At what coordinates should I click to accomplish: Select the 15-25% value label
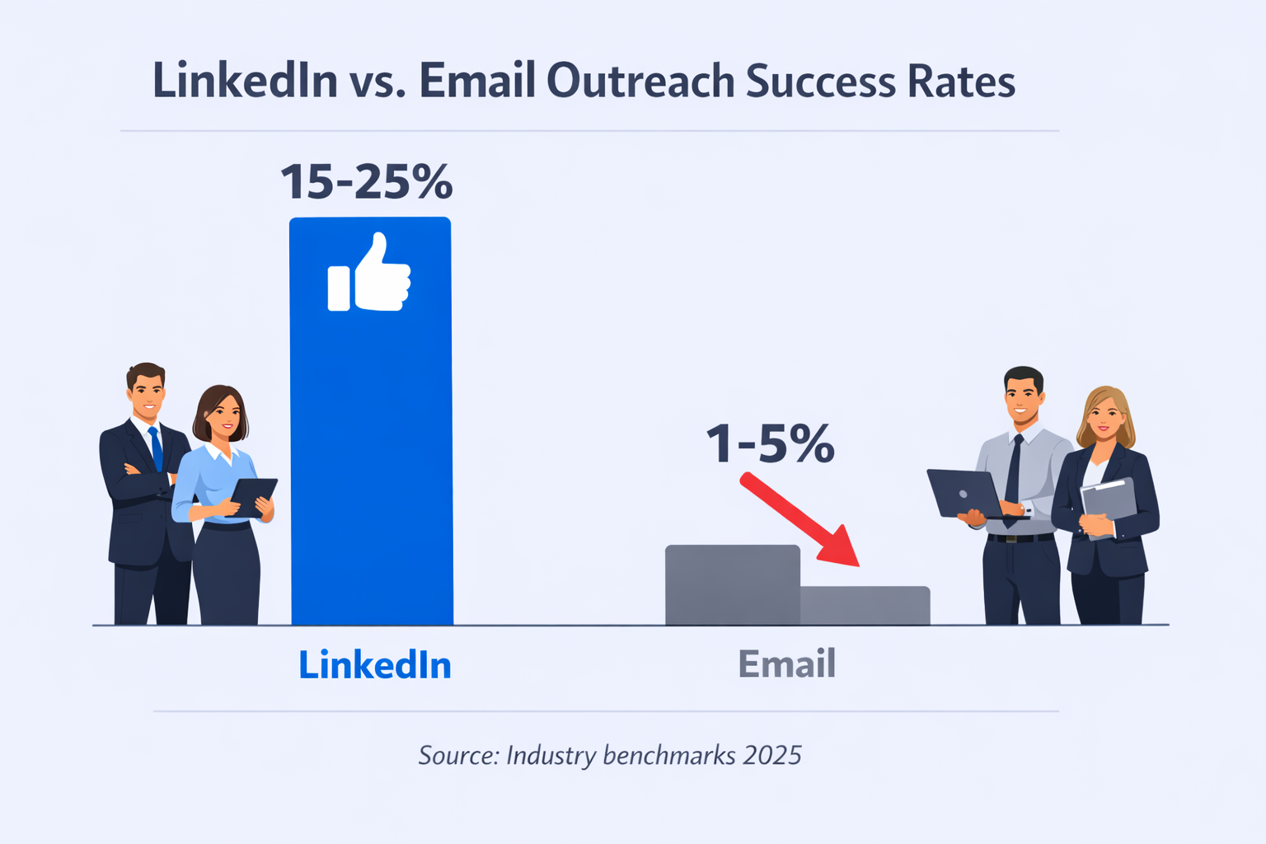click(367, 182)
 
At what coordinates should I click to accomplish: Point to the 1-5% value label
click(771, 445)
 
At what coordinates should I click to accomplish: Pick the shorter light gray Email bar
click(865, 605)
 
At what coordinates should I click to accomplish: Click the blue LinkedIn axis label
click(375, 665)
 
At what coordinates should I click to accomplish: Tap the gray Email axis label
click(786, 664)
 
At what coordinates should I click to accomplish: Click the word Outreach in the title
click(640, 82)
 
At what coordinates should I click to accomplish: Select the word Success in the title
click(820, 82)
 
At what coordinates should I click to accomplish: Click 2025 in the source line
click(771, 755)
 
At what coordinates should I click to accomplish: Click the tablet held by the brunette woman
click(252, 496)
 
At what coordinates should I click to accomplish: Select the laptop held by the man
click(964, 493)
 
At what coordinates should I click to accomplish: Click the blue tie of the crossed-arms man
click(156, 449)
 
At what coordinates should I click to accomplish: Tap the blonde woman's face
click(1105, 418)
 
